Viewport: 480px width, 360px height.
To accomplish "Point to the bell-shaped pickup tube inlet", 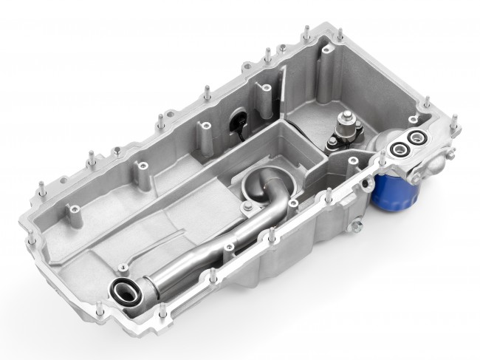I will (x=259, y=184).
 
